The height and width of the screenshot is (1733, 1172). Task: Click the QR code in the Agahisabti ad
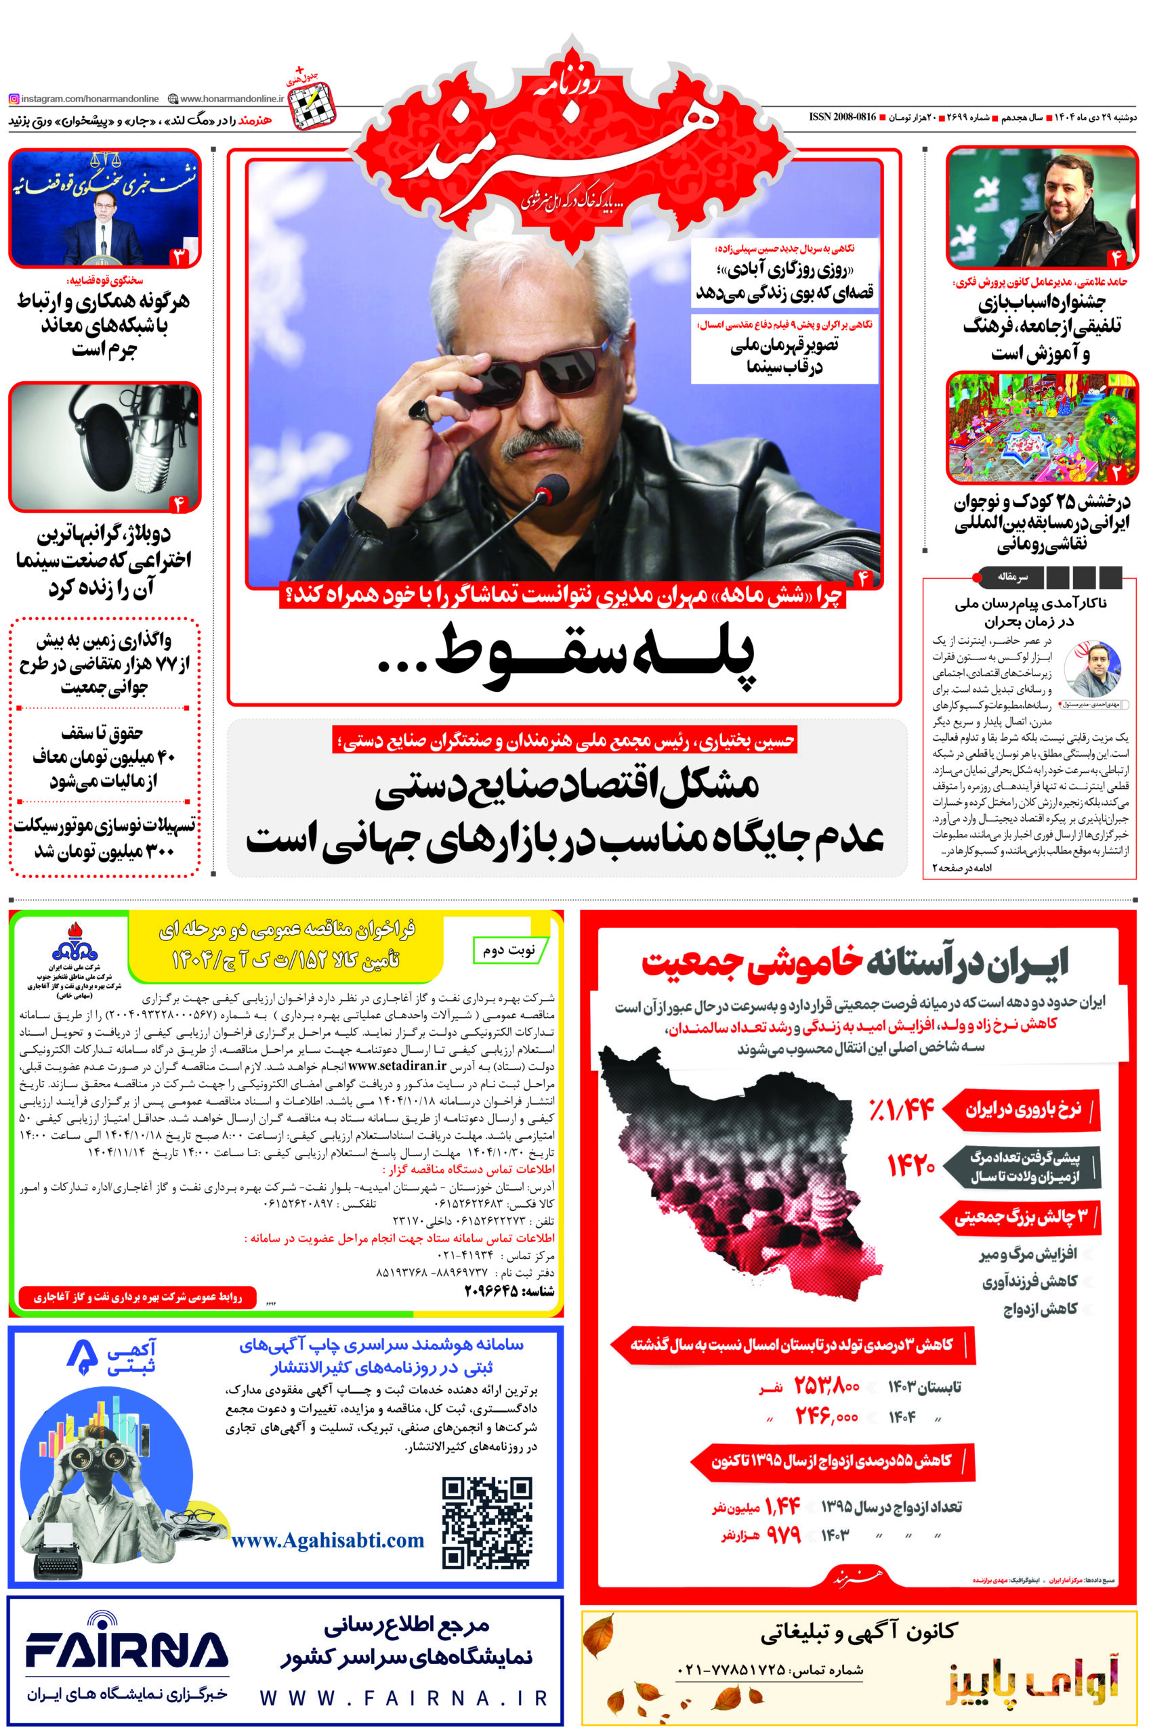click(x=486, y=1522)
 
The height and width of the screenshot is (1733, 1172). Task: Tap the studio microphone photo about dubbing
click(x=104, y=446)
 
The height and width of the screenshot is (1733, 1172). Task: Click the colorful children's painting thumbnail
click(x=1041, y=428)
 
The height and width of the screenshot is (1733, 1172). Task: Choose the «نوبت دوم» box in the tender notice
click(x=509, y=950)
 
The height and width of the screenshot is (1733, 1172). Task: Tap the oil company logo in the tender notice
click(x=74, y=942)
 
